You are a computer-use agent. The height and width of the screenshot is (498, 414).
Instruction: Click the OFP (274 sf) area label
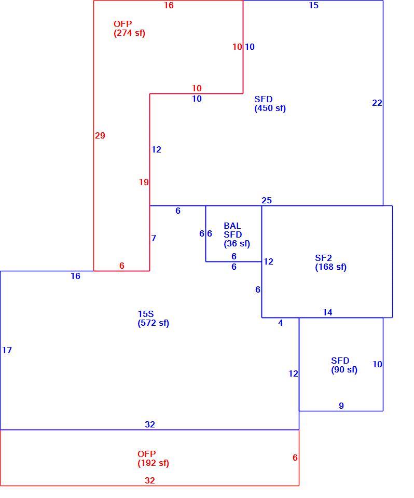point(129,29)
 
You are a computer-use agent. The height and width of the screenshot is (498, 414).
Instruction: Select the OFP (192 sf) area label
point(153,458)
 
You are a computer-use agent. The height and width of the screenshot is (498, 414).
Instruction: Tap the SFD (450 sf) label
point(270,104)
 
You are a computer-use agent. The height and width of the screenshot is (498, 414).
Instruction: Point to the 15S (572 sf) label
point(153,319)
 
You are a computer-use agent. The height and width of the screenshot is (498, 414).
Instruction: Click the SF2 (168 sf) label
point(331,262)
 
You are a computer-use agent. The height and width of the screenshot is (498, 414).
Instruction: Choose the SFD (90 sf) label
point(344,365)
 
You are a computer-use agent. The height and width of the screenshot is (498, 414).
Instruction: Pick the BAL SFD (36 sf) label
point(237,234)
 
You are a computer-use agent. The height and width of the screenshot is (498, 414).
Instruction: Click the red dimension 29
point(100,135)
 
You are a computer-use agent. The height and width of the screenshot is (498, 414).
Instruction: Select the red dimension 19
point(144,182)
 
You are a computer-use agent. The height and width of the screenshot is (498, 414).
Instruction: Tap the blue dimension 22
point(377,103)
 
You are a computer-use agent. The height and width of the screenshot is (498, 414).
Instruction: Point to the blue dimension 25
point(267,200)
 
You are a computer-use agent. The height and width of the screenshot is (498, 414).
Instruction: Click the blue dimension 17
point(7,350)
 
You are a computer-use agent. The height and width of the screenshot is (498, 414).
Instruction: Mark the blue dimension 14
point(327,312)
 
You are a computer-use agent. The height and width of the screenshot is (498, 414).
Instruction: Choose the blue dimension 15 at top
point(313,5)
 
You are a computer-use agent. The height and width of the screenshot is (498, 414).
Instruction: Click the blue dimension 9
point(341,406)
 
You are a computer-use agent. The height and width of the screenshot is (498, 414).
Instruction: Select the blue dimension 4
point(280,323)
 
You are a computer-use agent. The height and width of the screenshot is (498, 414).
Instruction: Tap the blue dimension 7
point(154,238)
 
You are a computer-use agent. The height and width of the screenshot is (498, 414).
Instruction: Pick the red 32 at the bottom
point(149,480)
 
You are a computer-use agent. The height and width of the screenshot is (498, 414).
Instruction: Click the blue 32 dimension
point(149,425)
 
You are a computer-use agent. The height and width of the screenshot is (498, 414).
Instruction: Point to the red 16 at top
point(169,5)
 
